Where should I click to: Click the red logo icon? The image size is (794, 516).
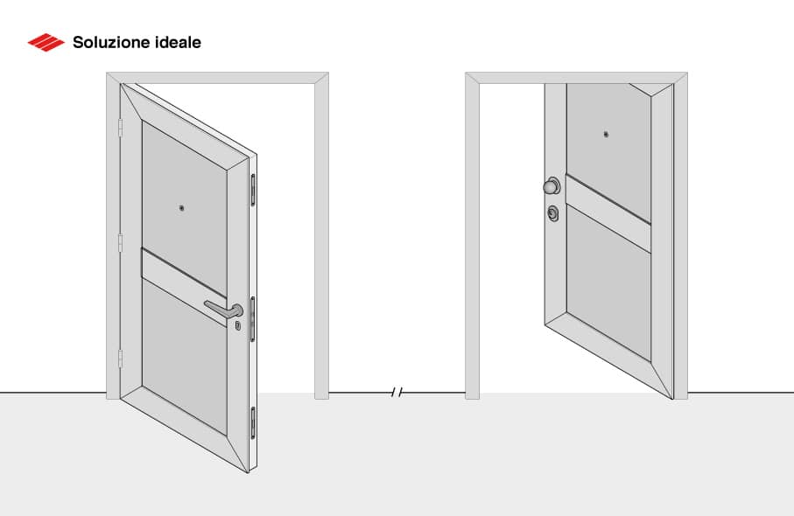(x=46, y=42)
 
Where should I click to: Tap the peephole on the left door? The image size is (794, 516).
(x=181, y=208)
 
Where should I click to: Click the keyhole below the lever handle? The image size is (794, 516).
(x=237, y=325)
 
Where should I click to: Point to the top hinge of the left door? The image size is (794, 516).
(x=120, y=129)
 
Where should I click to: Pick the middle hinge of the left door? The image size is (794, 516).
(x=120, y=242)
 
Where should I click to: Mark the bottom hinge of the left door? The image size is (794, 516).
(x=120, y=358)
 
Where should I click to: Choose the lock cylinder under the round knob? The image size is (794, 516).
(x=552, y=213)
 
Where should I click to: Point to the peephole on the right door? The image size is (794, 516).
(x=606, y=135)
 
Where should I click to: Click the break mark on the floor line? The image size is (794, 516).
(x=397, y=393)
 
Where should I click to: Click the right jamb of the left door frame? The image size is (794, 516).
(x=321, y=236)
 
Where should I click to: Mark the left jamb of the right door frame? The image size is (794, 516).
(x=473, y=236)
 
